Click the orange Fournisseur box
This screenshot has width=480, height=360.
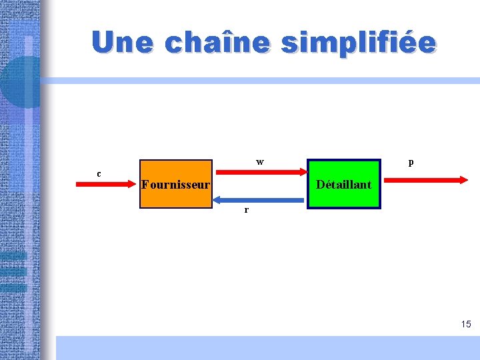click(175, 197)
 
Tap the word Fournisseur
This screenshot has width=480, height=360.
click(176, 185)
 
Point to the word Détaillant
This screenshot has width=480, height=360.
click(343, 185)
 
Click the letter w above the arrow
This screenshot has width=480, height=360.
click(260, 162)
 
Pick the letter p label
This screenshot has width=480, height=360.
click(411, 162)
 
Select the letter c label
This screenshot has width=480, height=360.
click(99, 174)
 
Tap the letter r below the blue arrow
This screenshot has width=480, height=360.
click(247, 209)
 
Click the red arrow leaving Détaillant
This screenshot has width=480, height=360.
click(423, 179)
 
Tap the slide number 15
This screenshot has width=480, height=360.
click(465, 324)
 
